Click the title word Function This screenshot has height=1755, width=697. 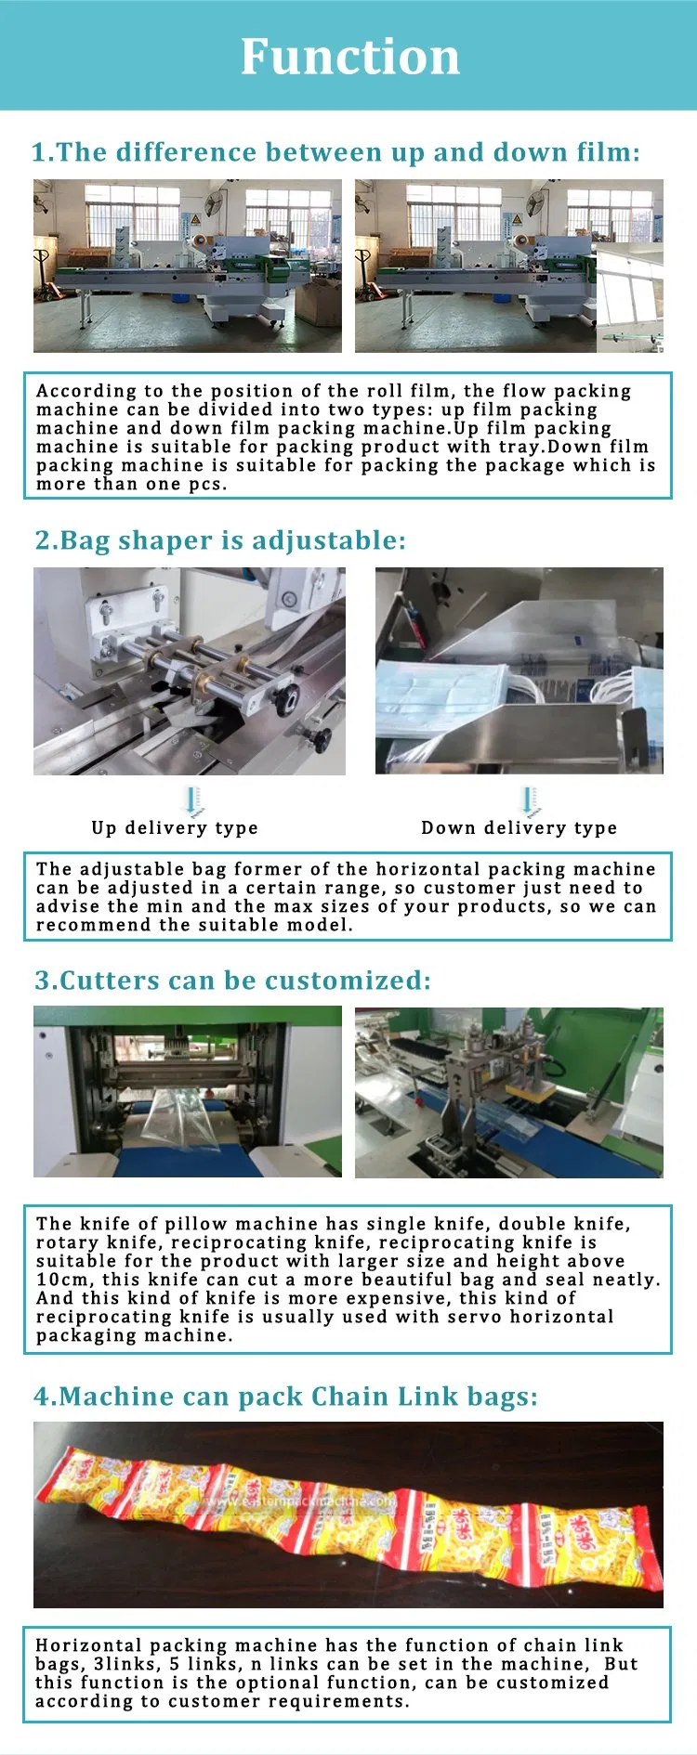pyautogui.click(x=350, y=57)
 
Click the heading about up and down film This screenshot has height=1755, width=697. pyautogui.click(x=335, y=152)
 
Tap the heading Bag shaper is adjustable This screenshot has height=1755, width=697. pyautogui.click(x=220, y=540)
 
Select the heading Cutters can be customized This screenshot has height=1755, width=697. pyautogui.click(x=232, y=981)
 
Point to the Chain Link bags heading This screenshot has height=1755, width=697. pyautogui.click(x=286, y=1397)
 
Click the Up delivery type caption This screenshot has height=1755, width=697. pyautogui.click(x=175, y=827)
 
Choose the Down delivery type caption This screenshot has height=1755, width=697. pyautogui.click(x=519, y=827)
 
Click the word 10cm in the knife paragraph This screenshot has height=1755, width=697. pyautogui.click(x=62, y=1280)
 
